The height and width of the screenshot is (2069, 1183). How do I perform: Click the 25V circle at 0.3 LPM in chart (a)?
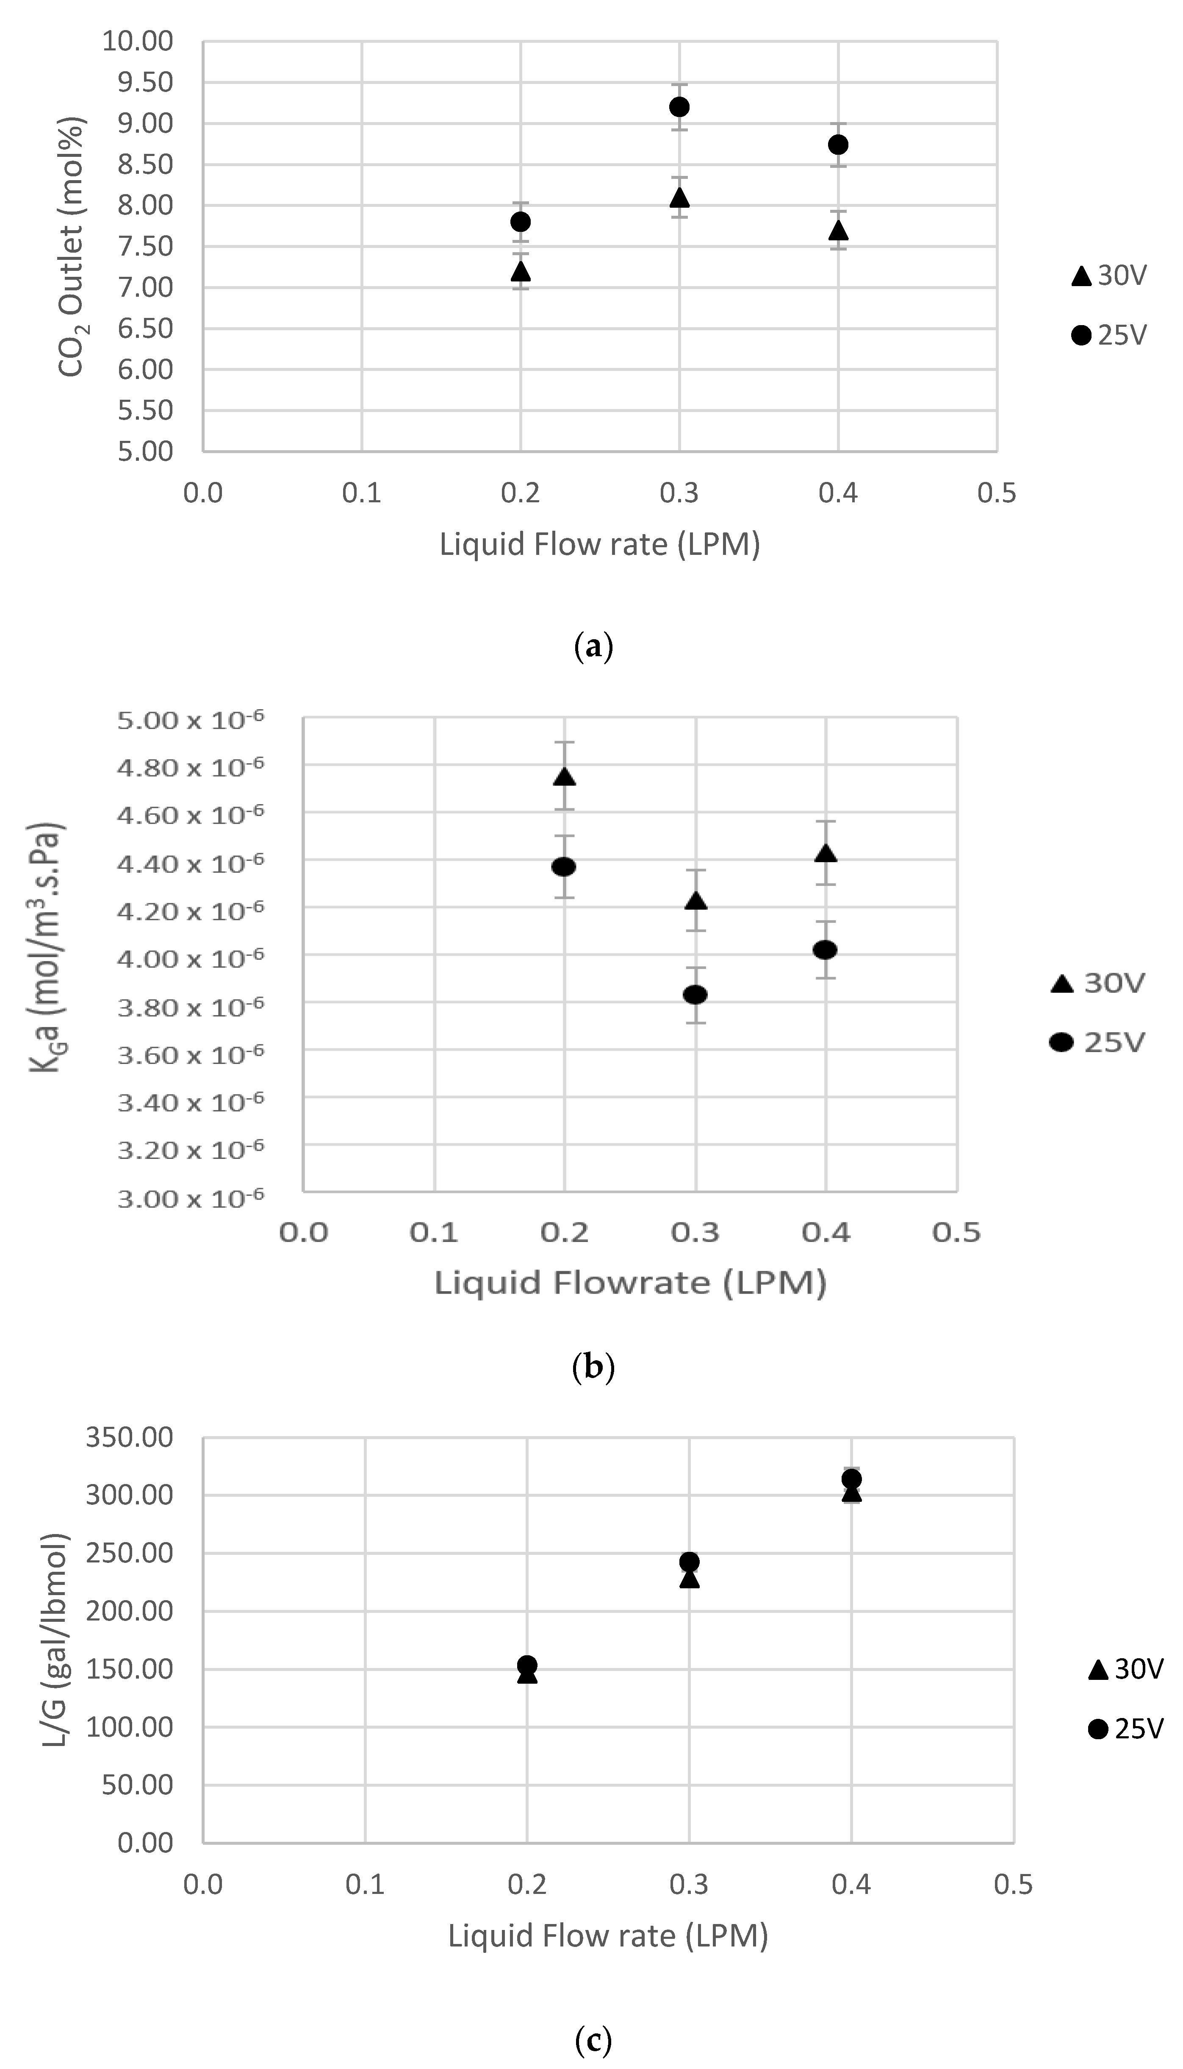coord(679,106)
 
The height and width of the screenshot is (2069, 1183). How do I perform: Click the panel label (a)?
coord(592,647)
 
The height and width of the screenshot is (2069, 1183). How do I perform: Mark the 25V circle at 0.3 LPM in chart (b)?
coord(695,994)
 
